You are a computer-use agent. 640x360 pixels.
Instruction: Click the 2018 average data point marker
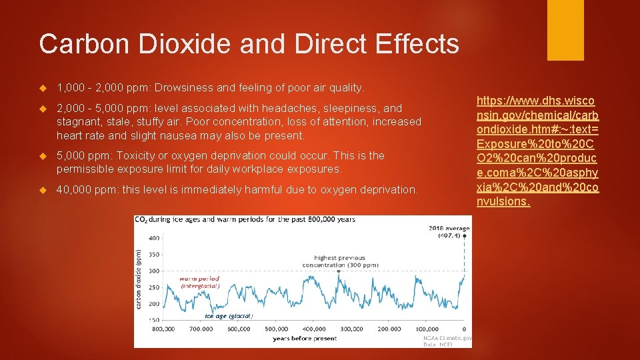click(x=465, y=235)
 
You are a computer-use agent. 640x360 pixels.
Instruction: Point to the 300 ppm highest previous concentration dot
click(x=339, y=271)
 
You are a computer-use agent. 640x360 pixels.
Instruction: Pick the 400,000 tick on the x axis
click(x=313, y=329)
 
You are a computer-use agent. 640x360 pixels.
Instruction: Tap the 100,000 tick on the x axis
click(x=427, y=329)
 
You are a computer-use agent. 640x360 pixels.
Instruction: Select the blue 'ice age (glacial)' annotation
click(x=228, y=316)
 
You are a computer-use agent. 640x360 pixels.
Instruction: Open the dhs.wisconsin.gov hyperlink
click(x=537, y=151)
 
